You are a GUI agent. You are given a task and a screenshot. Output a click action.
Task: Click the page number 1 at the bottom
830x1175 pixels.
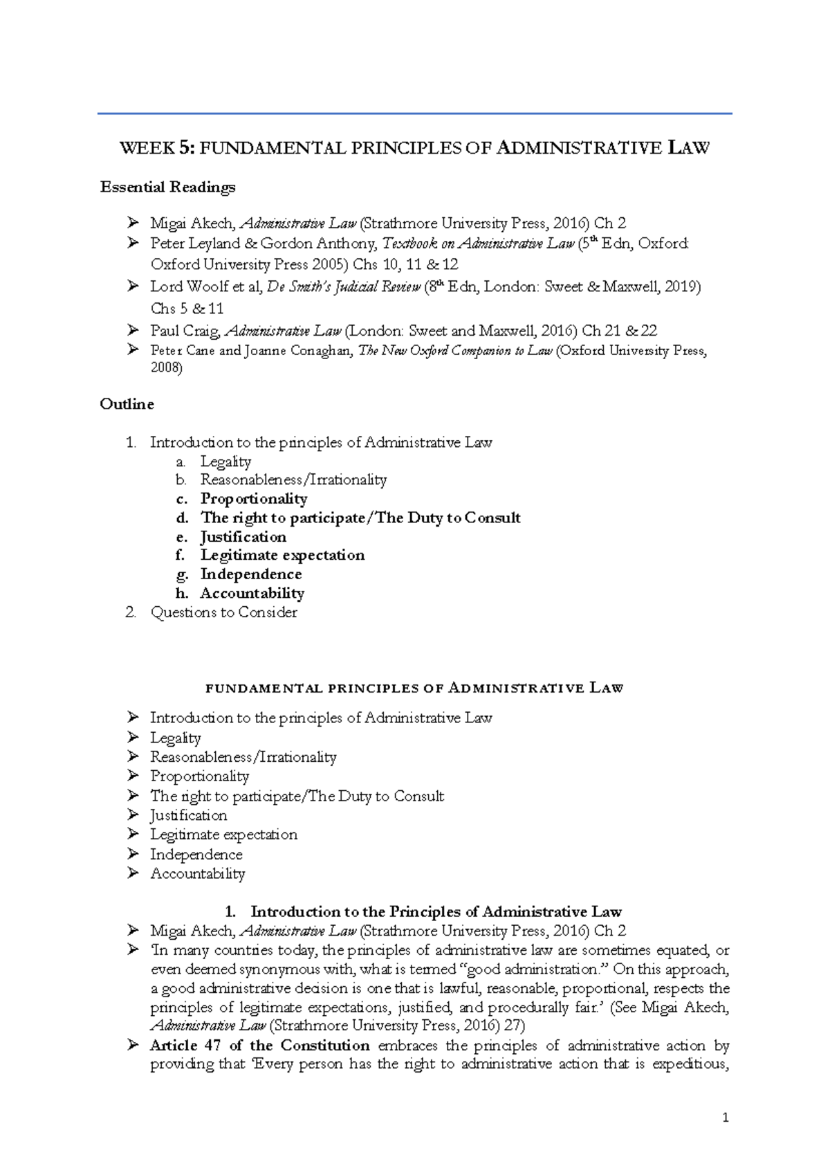[725, 1118]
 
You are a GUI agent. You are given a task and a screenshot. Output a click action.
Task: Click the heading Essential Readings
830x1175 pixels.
[167, 187]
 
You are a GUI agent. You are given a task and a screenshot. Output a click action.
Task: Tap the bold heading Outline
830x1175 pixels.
[127, 404]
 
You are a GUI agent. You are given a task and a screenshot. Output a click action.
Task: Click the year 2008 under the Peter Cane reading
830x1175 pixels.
[166, 368]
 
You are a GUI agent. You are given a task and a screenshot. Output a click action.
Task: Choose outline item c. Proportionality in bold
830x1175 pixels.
[253, 499]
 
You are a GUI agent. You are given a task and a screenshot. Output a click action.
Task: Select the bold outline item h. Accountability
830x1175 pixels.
[252, 593]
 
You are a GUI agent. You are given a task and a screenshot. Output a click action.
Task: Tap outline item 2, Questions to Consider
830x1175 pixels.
[223, 612]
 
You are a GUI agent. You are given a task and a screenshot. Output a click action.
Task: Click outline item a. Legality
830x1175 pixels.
[225, 462]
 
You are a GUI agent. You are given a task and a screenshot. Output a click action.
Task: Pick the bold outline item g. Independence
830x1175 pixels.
[250, 574]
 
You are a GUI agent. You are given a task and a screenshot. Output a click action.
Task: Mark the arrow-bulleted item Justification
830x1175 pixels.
[188, 815]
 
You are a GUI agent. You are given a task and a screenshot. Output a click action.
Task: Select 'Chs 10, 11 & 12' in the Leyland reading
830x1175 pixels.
[405, 264]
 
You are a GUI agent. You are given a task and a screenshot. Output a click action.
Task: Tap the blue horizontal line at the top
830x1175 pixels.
[414, 113]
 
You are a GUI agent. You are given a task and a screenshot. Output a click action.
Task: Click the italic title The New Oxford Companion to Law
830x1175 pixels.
[454, 351]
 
